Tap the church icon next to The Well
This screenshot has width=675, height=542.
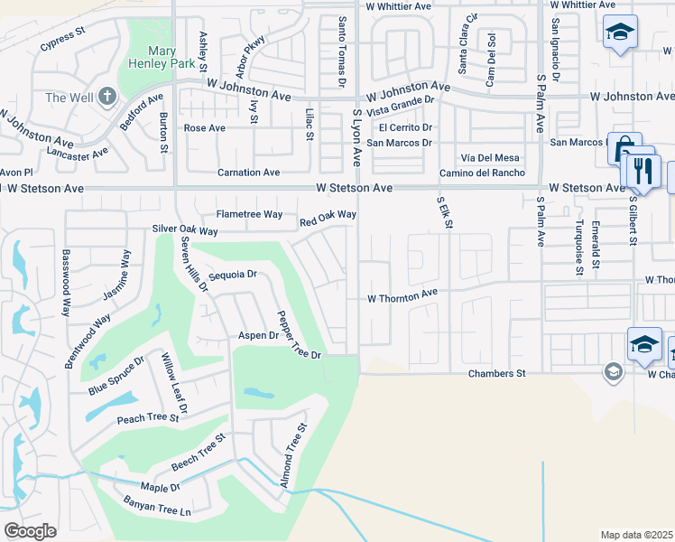(x=106, y=96)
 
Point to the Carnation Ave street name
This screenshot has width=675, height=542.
(x=248, y=172)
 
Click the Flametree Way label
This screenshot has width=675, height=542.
(x=249, y=214)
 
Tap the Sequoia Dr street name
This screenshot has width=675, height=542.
(x=233, y=275)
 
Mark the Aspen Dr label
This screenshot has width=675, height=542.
(x=257, y=335)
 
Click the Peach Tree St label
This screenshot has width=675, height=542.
(x=149, y=418)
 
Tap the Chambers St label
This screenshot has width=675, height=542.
(x=495, y=373)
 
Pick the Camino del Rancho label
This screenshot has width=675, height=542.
(x=482, y=173)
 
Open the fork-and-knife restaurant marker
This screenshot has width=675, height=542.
(x=643, y=172)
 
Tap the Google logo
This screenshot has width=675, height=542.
(x=30, y=531)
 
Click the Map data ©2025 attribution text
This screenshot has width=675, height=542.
(x=636, y=535)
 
